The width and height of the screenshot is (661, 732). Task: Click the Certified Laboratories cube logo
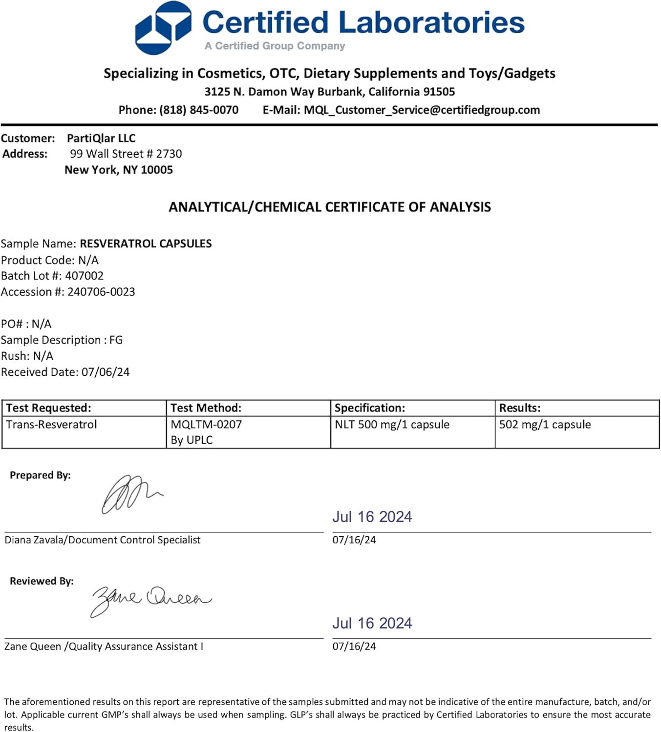[x=163, y=28]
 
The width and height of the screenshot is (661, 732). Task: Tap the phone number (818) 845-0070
[x=199, y=110]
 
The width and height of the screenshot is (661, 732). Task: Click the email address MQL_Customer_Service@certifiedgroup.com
[x=422, y=110]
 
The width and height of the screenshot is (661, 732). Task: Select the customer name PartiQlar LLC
[x=101, y=138]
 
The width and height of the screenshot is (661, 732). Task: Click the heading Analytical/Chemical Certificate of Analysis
[x=330, y=207]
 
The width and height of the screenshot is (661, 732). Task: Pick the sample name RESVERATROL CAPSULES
[x=146, y=244]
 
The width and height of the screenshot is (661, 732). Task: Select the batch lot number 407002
[x=85, y=276]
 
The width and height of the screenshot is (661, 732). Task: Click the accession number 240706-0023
[x=101, y=292]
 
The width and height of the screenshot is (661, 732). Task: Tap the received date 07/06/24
[x=106, y=372]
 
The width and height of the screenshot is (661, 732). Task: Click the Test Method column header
[x=206, y=408]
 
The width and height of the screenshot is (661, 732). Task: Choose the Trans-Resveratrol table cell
[x=51, y=425]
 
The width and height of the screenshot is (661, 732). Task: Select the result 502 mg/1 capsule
[x=545, y=425]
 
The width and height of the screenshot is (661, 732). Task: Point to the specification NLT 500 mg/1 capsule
[x=392, y=425]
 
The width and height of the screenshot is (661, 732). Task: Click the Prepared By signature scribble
[x=129, y=494]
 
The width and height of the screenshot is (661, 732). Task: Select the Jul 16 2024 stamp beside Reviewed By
[x=372, y=623]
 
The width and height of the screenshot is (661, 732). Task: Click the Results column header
[x=519, y=408]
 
